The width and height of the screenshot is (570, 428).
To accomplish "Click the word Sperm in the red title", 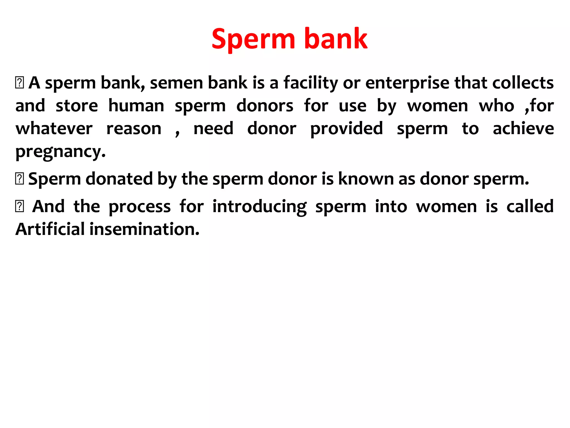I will click(253, 39).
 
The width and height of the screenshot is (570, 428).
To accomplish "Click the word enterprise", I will click(407, 83).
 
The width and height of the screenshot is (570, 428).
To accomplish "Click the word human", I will click(136, 106).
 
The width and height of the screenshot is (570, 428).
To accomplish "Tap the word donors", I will click(265, 106).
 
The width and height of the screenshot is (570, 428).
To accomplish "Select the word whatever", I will click(54, 129).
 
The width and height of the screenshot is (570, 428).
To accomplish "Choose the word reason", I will click(134, 129).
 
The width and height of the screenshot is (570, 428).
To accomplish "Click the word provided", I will click(347, 129).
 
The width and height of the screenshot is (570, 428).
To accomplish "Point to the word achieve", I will click(523, 128).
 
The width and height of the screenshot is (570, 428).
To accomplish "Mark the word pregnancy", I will click(60, 152).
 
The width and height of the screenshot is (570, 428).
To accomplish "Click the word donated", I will click(119, 179).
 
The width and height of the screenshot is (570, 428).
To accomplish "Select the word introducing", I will click(259, 207).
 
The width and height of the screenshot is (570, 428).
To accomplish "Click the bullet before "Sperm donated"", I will click(19, 179).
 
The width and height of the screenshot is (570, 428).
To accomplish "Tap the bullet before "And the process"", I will click(19, 206).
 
